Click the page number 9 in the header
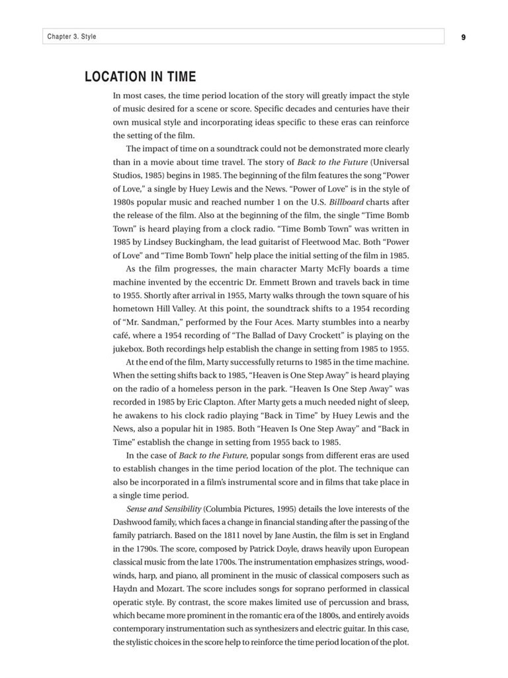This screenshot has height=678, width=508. (x=464, y=37)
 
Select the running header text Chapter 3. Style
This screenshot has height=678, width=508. (x=71, y=36)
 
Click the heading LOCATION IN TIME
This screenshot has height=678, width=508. (x=140, y=77)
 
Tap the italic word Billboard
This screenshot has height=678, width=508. (x=346, y=203)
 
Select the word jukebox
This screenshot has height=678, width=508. (x=130, y=349)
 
